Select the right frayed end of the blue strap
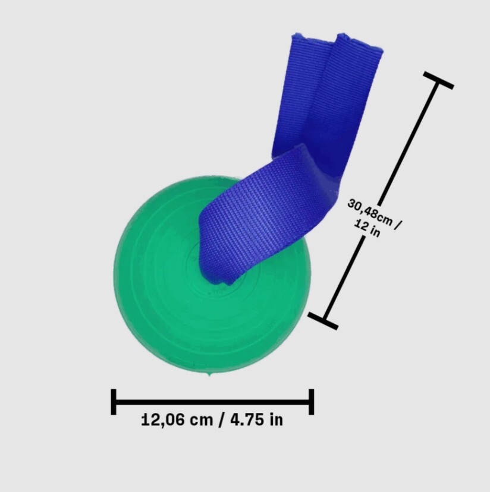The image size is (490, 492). click(360, 42)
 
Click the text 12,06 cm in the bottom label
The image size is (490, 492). click(177, 420)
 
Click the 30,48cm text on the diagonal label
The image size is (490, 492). click(370, 212)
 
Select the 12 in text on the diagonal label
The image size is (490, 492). click(367, 228)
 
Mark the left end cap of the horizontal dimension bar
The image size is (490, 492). click(114, 402)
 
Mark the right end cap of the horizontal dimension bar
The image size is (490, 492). click(311, 402)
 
